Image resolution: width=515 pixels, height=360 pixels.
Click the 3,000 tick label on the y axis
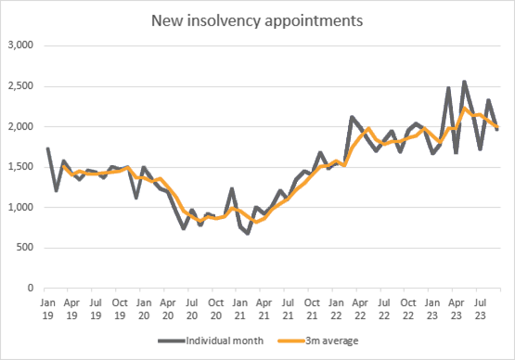pyautogui.click(x=20, y=45)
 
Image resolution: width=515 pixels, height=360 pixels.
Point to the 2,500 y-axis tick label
pyautogui.click(x=20, y=86)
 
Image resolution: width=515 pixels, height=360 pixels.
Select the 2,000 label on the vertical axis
pyautogui.click(x=20, y=126)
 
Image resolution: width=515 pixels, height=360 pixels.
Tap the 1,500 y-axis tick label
pyautogui.click(x=20, y=167)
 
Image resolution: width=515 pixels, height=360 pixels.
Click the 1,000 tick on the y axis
pyautogui.click(x=20, y=208)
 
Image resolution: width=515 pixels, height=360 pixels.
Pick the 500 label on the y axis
pyautogui.click(x=25, y=248)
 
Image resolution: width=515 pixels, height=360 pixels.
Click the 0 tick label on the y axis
pyautogui.click(x=31, y=289)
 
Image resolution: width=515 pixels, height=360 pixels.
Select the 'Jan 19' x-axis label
pyautogui.click(x=46, y=308)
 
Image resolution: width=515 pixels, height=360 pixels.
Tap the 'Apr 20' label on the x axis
pyautogui.click(x=167, y=308)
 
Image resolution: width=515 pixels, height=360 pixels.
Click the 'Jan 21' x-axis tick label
pyautogui.click(x=239, y=308)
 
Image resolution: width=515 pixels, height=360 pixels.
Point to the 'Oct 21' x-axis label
pyautogui.click(x=312, y=308)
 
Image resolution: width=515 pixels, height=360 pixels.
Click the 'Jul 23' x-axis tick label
pyautogui.click(x=481, y=308)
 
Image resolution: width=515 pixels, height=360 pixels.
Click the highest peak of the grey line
pyautogui.click(x=464, y=82)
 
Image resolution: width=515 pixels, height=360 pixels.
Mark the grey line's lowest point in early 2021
pyautogui.click(x=248, y=233)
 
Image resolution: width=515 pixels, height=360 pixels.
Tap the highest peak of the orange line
pyautogui.click(x=464, y=109)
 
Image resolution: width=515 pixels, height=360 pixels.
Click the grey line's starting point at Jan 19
pyautogui.click(x=47, y=148)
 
